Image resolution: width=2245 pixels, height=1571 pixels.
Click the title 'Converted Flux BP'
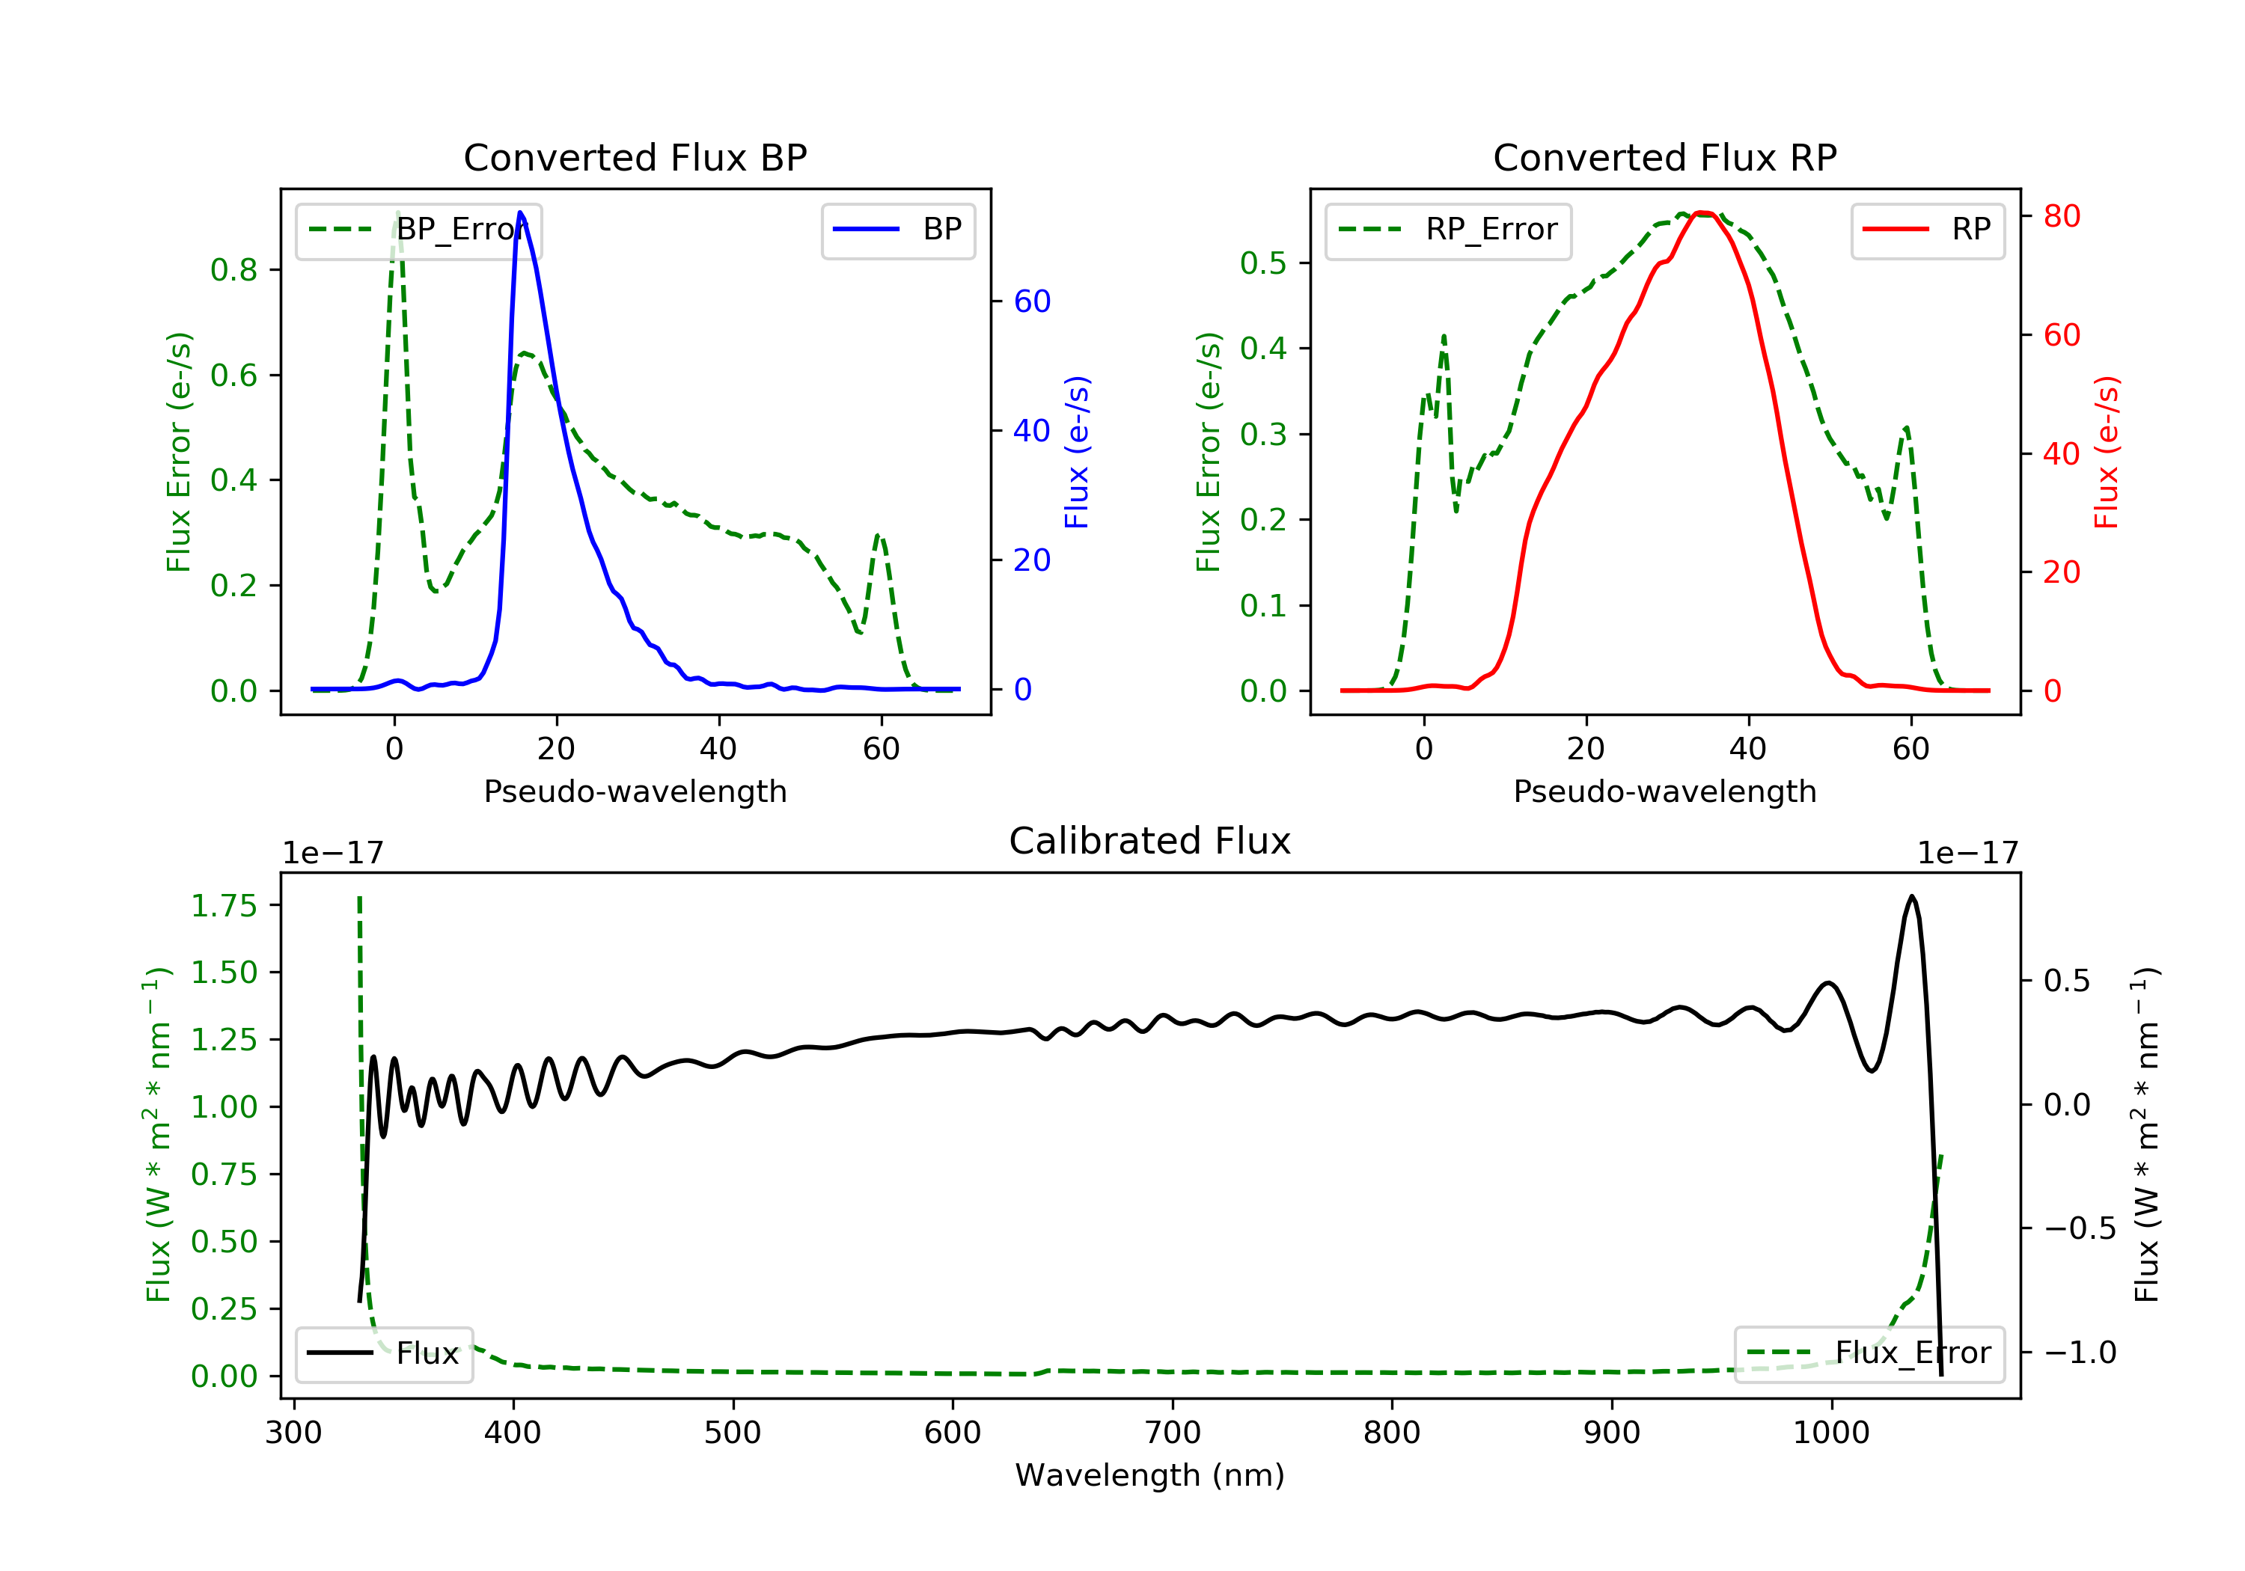pyautogui.click(x=635, y=157)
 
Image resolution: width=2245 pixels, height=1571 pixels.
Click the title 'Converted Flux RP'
pyautogui.click(x=1664, y=157)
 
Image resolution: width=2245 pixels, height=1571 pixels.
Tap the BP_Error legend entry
pyautogui.click(x=418, y=230)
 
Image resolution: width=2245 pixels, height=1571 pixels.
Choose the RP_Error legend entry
pyautogui.click(x=1448, y=230)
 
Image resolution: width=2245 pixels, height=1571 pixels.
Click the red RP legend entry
pyautogui.click(x=1927, y=230)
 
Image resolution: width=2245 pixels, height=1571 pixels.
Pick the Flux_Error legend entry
pyautogui.click(x=1869, y=1353)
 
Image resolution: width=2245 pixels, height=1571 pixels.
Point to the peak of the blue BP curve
pyautogui.click(x=520, y=212)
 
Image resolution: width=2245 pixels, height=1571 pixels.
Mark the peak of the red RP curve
pyautogui.click(x=1702, y=212)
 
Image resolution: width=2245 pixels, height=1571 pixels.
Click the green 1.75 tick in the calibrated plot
pyautogui.click(x=224, y=905)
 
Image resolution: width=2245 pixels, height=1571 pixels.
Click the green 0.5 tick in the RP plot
pyautogui.click(x=1262, y=263)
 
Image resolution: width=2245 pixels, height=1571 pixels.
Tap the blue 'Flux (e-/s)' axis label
pyautogui.click(x=1077, y=452)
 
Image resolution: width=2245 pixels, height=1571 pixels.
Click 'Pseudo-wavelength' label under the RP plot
pyautogui.click(x=1664, y=791)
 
